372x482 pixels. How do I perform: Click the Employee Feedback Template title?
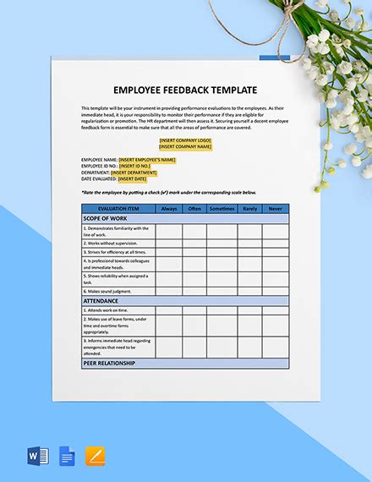pos(185,90)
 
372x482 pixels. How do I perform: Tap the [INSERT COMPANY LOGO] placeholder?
pos(185,140)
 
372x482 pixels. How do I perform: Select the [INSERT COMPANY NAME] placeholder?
pos(185,147)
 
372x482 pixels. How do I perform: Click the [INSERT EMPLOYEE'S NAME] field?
pos(146,159)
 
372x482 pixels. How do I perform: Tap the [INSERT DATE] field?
pos(133,179)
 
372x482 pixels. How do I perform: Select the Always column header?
pos(169,208)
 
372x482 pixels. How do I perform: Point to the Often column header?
pos(194,208)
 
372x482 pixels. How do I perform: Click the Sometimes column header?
pos(222,208)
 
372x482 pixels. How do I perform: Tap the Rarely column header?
pos(249,208)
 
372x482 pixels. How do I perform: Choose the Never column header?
pos(275,208)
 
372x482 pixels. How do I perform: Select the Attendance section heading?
pos(101,301)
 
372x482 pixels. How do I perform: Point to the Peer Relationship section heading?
pos(109,364)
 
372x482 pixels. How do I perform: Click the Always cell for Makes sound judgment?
pos(169,291)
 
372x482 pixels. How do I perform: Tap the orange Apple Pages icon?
pos(96,457)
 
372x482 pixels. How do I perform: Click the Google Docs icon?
pos(68,457)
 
